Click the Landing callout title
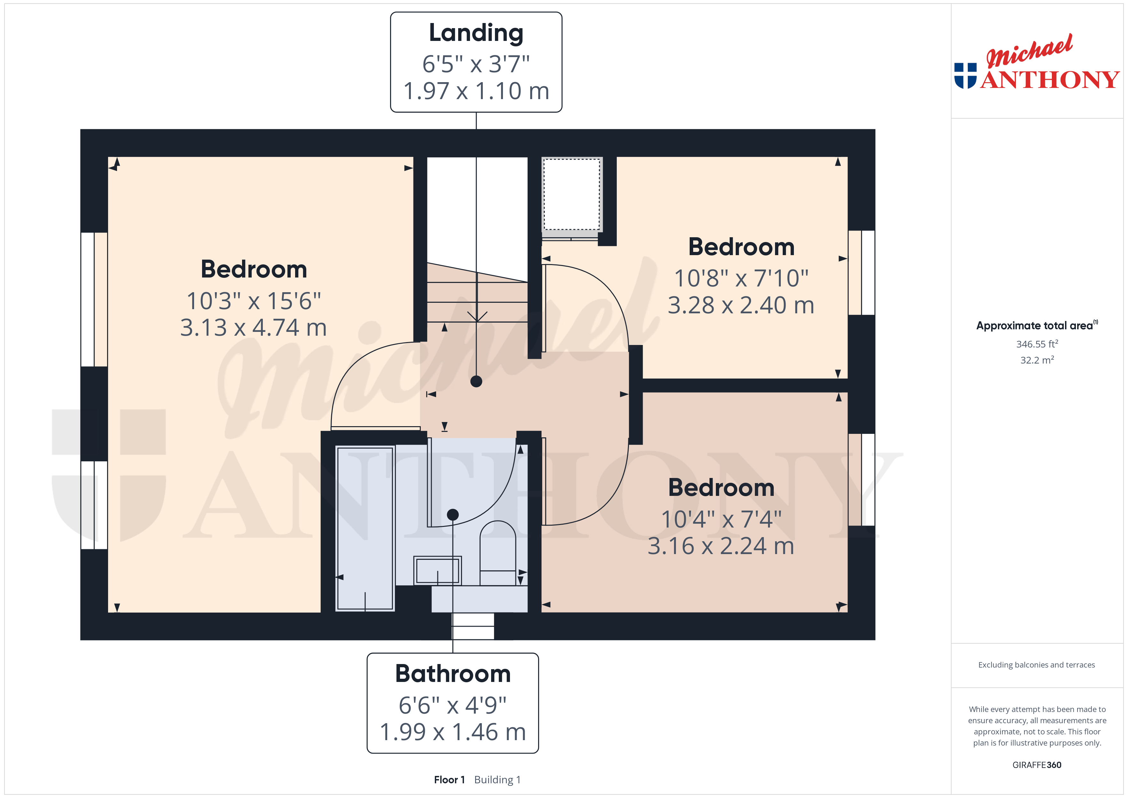[x=476, y=34]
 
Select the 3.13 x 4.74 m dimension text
[x=254, y=327]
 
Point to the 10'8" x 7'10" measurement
[x=741, y=278]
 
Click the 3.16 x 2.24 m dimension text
[x=721, y=546]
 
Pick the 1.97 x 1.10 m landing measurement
[x=476, y=91]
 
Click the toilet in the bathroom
[x=498, y=553]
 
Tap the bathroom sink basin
[x=437, y=570]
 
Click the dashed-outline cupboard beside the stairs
[x=572, y=194]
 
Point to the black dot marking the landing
[x=476, y=381]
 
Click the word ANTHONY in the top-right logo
[x=1050, y=80]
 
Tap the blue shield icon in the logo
[x=965, y=76]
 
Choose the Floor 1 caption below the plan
[x=449, y=779]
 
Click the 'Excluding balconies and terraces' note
[x=1037, y=665]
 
